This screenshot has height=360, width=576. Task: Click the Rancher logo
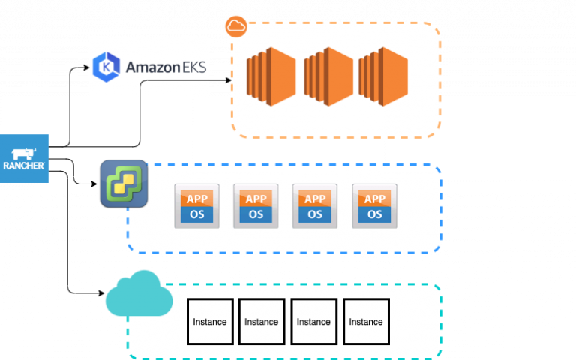(x=24, y=158)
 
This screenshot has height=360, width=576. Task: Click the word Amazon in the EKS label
(x=151, y=67)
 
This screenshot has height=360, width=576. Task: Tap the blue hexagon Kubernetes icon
(x=106, y=67)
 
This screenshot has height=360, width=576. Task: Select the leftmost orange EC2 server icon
(x=271, y=76)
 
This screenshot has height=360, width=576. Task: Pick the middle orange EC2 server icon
(x=328, y=76)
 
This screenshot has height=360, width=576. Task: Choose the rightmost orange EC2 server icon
(x=382, y=76)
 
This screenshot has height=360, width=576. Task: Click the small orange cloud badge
(x=236, y=26)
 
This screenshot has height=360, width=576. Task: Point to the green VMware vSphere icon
(x=124, y=183)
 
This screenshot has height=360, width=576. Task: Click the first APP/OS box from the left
(x=196, y=206)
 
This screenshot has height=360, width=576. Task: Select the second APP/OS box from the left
(x=256, y=206)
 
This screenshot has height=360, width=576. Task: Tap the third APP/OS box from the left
(x=315, y=206)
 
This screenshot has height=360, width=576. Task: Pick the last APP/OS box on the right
(x=374, y=206)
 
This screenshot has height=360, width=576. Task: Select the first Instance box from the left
(x=210, y=322)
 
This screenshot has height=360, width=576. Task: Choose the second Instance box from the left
(x=262, y=322)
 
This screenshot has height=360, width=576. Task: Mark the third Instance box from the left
(x=313, y=322)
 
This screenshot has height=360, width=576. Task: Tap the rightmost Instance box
(x=366, y=322)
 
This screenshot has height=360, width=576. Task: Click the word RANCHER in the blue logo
(x=24, y=166)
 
